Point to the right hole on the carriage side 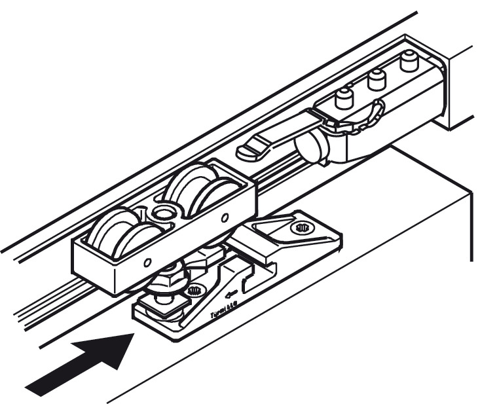[x=226, y=217]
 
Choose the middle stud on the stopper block [x=376, y=79]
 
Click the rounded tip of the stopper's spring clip [x=248, y=153]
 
